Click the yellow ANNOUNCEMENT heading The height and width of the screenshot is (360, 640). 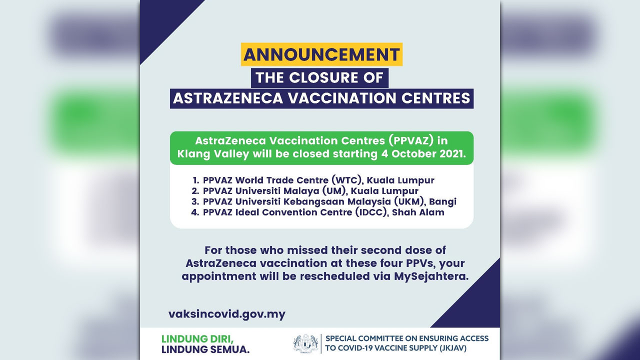coord(321,54)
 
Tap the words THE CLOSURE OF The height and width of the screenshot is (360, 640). coord(319,77)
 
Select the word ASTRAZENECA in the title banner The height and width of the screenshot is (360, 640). coord(228,98)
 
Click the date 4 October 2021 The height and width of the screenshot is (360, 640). coord(423,153)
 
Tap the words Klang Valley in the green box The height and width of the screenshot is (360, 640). coord(213,154)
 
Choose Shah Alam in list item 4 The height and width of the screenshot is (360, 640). coord(418,212)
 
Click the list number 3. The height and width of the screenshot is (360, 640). coord(195,201)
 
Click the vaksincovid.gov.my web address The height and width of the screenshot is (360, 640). coord(227,314)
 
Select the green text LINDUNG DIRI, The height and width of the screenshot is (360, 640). coord(197,339)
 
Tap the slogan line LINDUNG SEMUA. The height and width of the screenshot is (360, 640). coord(205,349)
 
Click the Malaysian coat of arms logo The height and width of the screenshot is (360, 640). coord(305,343)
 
